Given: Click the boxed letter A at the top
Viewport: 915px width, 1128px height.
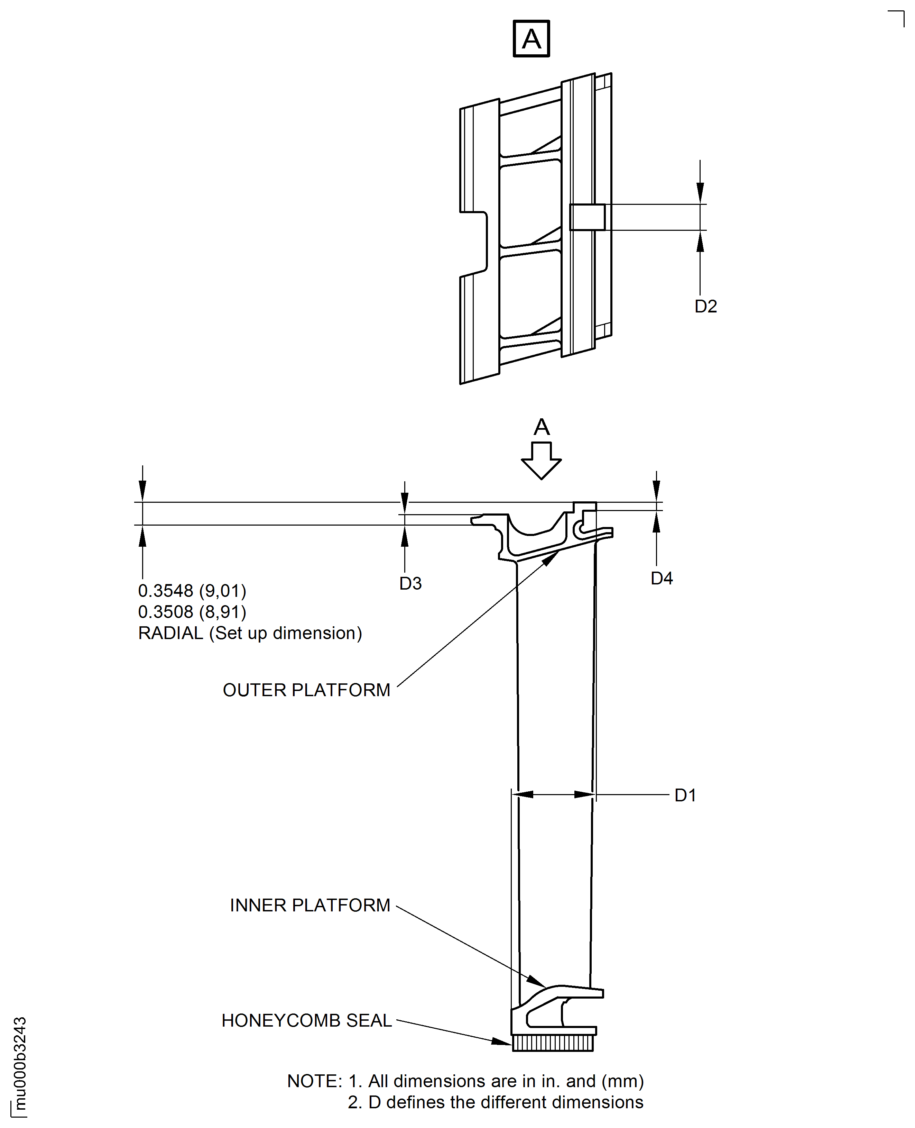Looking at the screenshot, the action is coord(531,38).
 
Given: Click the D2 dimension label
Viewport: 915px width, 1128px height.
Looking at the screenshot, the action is coord(706,306).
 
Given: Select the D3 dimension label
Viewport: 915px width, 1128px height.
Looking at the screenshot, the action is coord(410,583).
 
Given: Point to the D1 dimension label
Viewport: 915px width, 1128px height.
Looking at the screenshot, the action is coord(685,795).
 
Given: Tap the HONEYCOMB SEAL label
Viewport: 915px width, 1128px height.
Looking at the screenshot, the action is coord(307,1020).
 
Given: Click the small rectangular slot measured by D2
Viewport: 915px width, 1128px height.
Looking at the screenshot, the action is coord(587,217).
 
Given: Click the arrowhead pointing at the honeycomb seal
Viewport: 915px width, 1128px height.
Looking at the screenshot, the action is coord(502,1041).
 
